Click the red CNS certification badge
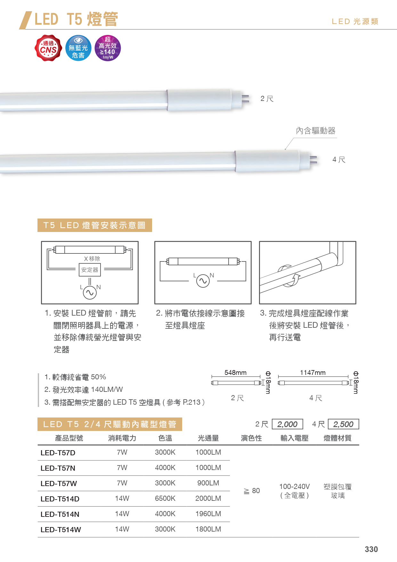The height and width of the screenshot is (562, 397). [48, 48]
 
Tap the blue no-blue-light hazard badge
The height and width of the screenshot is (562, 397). [78, 48]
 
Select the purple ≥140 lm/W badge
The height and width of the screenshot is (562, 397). [108, 48]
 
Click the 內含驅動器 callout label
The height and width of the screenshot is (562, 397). [316, 131]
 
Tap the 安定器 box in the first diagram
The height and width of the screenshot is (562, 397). [90, 270]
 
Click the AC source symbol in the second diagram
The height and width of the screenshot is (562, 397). [203, 281]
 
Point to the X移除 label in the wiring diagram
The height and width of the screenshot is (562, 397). [92, 259]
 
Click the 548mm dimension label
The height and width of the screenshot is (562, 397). [236, 373]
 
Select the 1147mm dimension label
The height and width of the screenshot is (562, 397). [313, 373]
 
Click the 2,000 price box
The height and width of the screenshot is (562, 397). [288, 424]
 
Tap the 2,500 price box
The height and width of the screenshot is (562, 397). [344, 424]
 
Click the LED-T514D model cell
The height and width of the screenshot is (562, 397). [60, 499]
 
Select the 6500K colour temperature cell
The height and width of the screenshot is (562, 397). [165, 499]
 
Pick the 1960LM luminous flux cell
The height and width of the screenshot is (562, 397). [208, 514]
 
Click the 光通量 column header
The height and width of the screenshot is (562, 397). [208, 438]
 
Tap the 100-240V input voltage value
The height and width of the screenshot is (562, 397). [295, 487]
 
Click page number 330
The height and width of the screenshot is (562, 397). [371, 549]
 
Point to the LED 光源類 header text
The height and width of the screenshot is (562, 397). [355, 21]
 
